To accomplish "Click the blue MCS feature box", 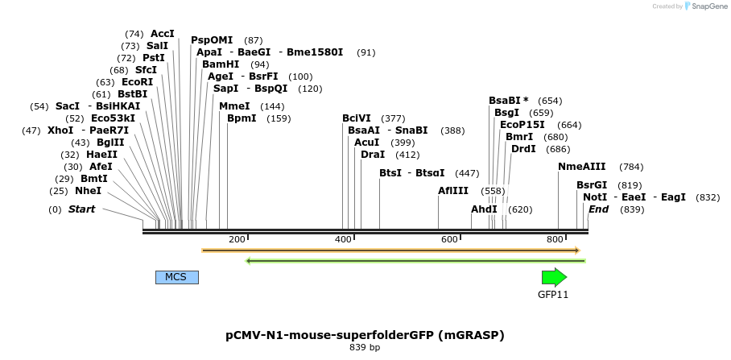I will coord(176,277).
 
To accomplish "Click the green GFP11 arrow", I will coord(554,277).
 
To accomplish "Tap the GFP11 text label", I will coord(553,295).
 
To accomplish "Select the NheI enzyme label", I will coord(89,191).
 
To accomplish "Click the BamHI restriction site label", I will coord(221,64).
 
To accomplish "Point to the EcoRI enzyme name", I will coord(137,82).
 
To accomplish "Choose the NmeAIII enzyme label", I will coord(582,167).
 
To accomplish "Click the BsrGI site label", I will coord(592,184).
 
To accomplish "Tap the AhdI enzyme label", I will coord(484,209).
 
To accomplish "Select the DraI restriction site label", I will coord(373,154).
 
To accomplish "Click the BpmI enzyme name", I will coord(242,118).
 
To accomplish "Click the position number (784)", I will coord(631,167).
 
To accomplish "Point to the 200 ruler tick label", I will coord(237,239).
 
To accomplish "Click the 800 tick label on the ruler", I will coord(554,239).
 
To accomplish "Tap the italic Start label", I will coord(81,209).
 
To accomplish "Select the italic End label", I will coord(598,209).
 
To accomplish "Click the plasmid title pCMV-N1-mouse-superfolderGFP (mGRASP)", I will coord(365,334).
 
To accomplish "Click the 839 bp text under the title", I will coord(365,348).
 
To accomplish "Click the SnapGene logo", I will coord(699,6).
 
